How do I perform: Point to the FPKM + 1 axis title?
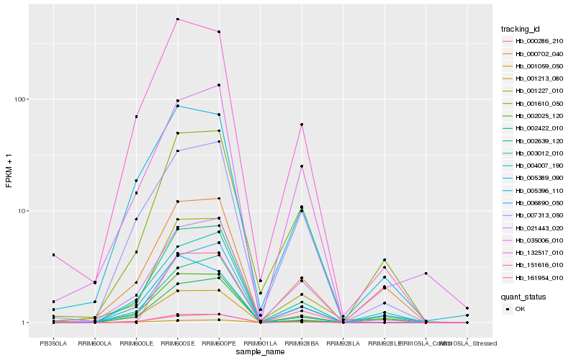(9, 171)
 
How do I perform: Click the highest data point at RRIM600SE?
(178, 19)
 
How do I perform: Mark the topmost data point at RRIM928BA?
(302, 125)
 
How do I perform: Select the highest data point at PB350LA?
(53, 255)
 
